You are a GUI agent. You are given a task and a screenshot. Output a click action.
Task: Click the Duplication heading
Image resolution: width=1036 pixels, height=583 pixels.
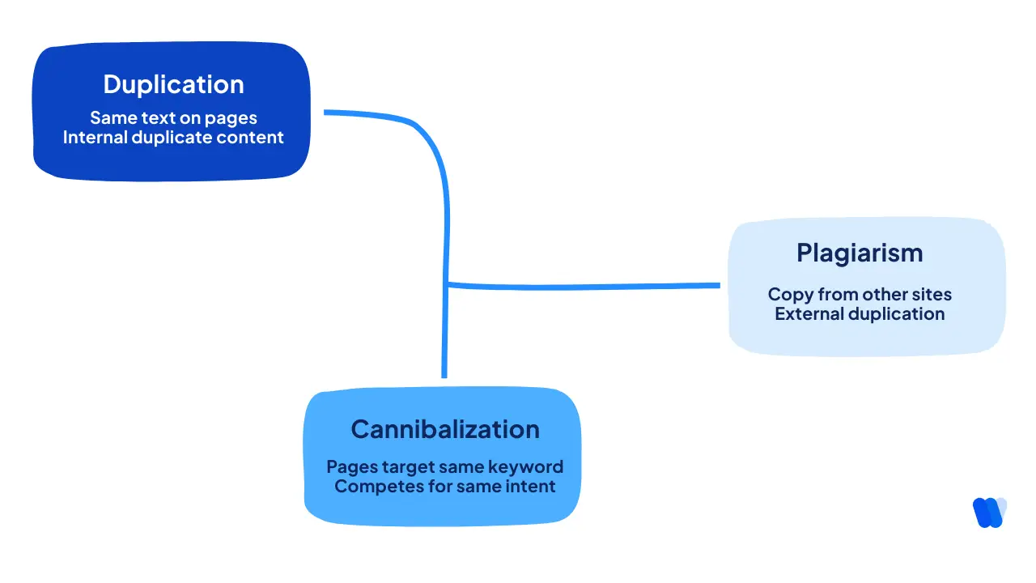click(x=173, y=85)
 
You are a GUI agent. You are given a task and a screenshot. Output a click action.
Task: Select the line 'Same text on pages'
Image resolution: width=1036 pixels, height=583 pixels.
click(x=173, y=118)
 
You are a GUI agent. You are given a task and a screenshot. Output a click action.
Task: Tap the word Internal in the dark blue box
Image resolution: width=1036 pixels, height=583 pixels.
click(x=96, y=138)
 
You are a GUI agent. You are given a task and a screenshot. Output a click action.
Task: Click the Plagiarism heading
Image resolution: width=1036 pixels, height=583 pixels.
click(x=860, y=253)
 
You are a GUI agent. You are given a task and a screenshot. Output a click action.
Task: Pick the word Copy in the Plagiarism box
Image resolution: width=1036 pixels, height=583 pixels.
click(x=788, y=295)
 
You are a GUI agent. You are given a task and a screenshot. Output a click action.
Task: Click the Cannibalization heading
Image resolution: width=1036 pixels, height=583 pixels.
click(x=444, y=429)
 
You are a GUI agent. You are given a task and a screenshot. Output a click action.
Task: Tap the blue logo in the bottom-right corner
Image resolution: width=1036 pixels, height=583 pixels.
click(x=989, y=513)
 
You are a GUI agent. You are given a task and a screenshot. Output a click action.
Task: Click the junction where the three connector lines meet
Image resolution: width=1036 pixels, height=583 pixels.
click(x=446, y=284)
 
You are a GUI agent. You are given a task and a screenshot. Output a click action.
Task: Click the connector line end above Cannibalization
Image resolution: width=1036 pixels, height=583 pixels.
click(x=444, y=375)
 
